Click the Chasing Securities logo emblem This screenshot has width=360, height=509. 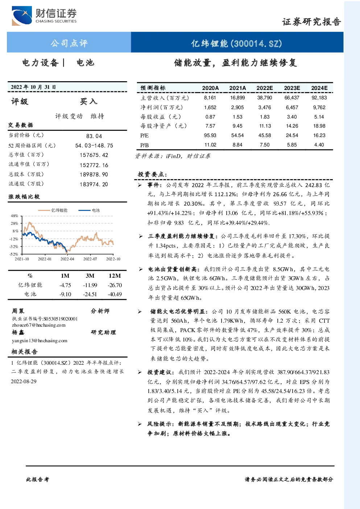pos(22,16)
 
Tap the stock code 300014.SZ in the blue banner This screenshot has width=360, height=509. pos(256,44)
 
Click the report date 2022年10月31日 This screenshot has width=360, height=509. pos(33,87)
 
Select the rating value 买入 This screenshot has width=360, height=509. pos(88,102)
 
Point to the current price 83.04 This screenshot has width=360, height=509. pos(94,136)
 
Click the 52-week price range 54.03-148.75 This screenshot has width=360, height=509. pos(94,145)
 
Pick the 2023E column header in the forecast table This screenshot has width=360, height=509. pos(292,88)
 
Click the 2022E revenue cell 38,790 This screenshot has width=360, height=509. pos(265,98)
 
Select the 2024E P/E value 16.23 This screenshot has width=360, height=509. pos(319,135)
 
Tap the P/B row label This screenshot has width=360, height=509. pos(144,145)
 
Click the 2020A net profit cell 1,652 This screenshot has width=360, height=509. pos(210,107)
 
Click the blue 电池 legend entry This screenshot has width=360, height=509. pos(89,210)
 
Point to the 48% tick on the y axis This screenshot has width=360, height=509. pos(14,216)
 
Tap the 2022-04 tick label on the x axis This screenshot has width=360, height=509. pos(67,259)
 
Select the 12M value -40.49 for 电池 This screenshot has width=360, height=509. pos(115,294)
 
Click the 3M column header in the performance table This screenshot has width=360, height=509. pos(90,276)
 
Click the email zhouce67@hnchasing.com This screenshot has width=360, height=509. pos(39,325)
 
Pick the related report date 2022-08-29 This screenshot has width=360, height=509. pos(24,381)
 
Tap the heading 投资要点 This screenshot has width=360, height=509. pos(152,174)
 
